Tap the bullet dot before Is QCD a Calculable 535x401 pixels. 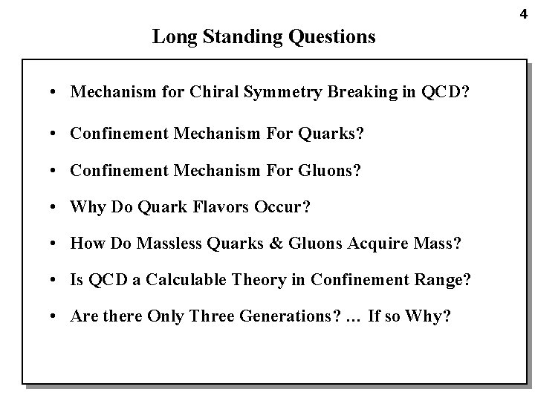pos(56,280)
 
